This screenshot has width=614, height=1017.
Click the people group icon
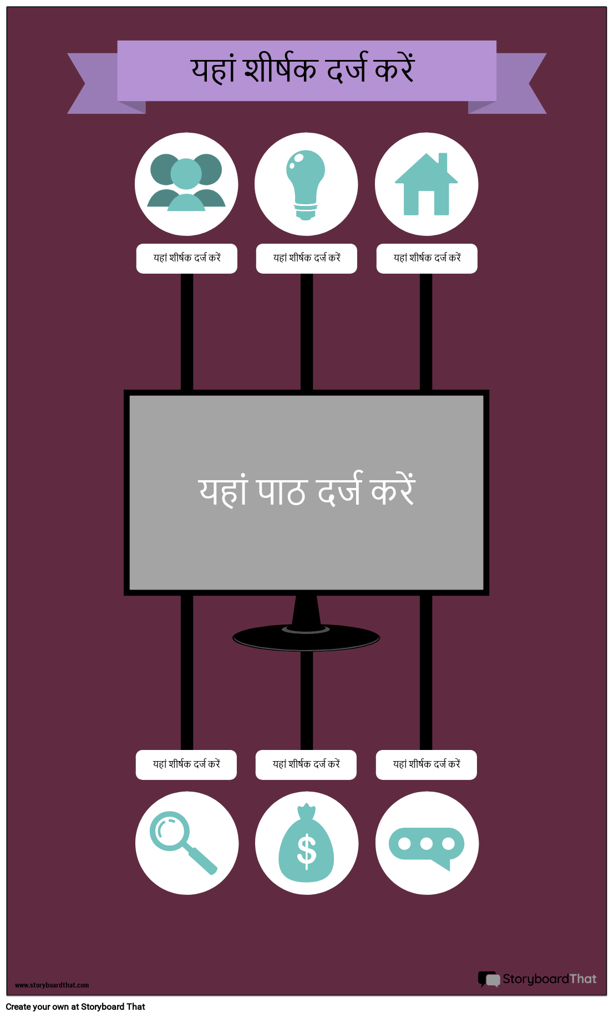click(186, 182)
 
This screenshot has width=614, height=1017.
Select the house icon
click(426, 184)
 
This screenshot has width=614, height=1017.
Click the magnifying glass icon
click(183, 843)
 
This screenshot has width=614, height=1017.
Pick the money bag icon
click(306, 843)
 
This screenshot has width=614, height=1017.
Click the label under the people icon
click(187, 258)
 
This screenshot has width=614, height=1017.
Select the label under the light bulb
click(307, 258)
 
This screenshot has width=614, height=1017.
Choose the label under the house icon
click(427, 258)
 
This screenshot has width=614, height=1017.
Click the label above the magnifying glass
click(186, 764)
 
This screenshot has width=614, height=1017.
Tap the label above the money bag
click(306, 764)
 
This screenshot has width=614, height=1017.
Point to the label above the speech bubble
click(427, 764)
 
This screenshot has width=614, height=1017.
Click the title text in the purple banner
click(303, 69)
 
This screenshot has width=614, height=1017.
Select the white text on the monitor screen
click(307, 490)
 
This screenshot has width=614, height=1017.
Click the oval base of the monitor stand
click(306, 637)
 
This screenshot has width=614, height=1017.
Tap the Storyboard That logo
click(537, 979)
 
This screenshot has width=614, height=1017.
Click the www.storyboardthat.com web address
click(52, 985)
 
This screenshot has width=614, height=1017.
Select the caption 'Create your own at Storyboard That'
click(75, 1006)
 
